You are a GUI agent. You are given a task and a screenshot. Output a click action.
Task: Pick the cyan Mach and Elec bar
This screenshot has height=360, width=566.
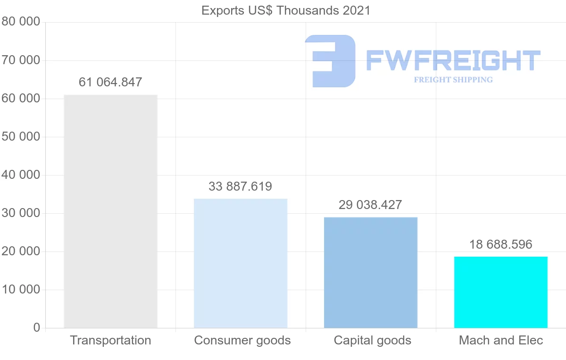click(501, 293)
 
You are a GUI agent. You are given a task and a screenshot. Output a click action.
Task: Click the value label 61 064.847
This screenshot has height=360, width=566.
click(110, 83)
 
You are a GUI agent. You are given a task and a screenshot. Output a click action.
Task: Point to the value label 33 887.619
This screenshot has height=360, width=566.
click(241, 187)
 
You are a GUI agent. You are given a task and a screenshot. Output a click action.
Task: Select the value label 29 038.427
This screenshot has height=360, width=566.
click(370, 205)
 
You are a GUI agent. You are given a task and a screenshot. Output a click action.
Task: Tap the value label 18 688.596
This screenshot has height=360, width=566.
click(500, 245)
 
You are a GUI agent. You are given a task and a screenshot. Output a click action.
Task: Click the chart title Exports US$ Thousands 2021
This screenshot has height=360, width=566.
click(286, 10)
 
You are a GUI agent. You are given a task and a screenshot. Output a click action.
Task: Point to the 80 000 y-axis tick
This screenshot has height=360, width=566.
click(21, 23)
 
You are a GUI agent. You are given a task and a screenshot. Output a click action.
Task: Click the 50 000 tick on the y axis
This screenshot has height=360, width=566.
click(21, 137)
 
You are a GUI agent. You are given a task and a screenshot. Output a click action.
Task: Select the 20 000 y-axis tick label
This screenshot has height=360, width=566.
click(21, 251)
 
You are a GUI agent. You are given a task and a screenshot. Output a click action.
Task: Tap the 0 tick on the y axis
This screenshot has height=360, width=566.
click(37, 328)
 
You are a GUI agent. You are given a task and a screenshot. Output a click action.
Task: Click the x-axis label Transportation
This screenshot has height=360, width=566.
click(110, 341)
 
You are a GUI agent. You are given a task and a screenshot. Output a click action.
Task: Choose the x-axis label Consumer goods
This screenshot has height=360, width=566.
click(242, 341)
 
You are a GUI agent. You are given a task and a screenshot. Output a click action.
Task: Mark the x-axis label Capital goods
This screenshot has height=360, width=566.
click(373, 341)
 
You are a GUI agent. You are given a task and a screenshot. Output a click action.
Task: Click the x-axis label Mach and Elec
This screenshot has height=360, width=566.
click(501, 341)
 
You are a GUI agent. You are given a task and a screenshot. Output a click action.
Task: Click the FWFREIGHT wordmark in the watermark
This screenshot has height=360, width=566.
click(453, 61)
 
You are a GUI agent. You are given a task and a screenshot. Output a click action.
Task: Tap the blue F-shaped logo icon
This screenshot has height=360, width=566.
click(330, 61)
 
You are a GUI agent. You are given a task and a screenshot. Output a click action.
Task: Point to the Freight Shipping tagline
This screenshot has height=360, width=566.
click(453, 80)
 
